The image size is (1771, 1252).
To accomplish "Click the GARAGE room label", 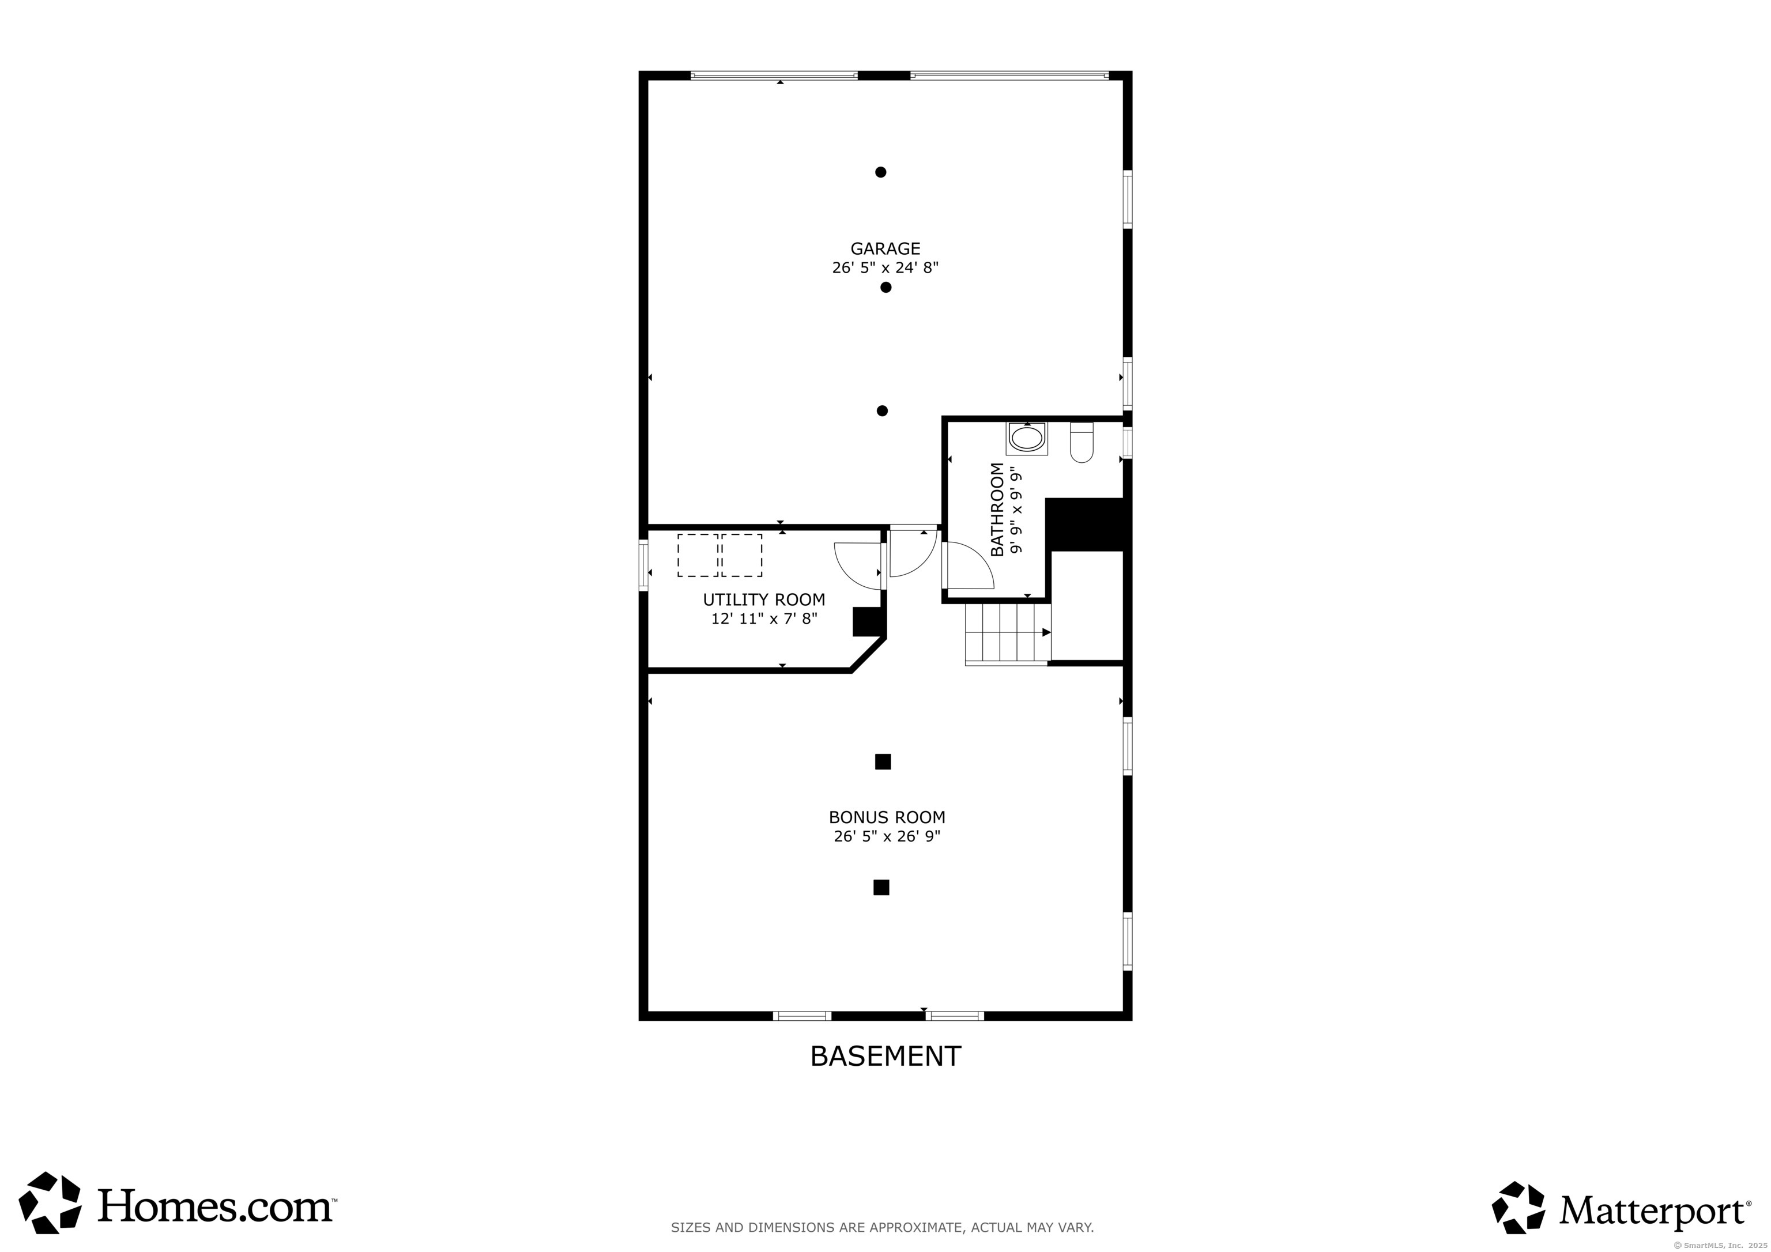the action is [885, 248].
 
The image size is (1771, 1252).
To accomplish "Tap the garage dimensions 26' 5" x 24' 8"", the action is [885, 267].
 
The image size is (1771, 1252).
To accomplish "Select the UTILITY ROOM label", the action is [764, 599].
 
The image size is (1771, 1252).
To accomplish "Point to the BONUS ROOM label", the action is [887, 817].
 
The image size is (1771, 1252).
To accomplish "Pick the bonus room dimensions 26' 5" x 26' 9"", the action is [887, 836].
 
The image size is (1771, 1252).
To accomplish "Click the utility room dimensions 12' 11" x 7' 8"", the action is [764, 618].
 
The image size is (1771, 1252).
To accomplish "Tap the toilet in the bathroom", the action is [1082, 442].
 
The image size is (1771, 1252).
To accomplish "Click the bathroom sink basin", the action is [1027, 440].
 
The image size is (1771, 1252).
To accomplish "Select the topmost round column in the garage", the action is [880, 172].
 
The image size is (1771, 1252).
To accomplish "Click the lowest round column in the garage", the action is [881, 410].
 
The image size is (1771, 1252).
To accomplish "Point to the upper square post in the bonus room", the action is [883, 762].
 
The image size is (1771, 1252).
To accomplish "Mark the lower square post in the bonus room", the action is [881, 887].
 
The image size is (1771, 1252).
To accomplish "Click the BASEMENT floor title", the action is [885, 1055].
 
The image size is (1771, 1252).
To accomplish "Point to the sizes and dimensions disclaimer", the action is [883, 1227].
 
